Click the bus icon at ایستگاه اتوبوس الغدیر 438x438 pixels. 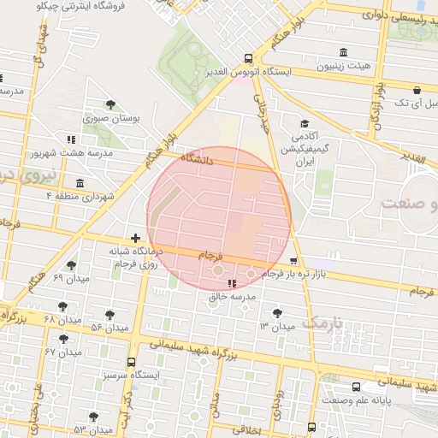(x=248, y=59)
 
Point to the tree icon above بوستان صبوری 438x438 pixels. (x=111, y=104)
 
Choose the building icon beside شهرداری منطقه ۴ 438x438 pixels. (x=80, y=183)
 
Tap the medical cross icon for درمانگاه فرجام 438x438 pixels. (x=135, y=238)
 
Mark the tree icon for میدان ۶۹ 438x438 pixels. (x=70, y=265)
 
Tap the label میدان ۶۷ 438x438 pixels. (x=38, y=352)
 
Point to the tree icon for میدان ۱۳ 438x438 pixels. (x=276, y=313)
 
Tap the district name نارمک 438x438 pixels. (x=322, y=323)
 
